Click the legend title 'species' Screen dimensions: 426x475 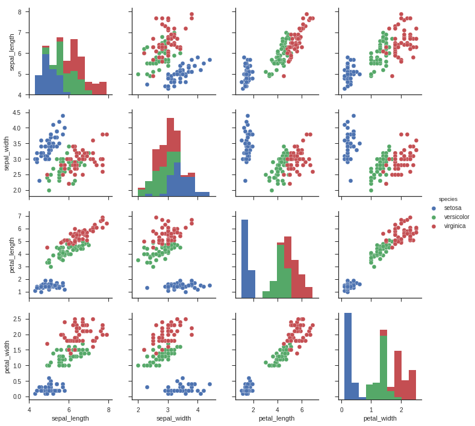(448, 199)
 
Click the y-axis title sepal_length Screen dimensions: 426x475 (12, 52)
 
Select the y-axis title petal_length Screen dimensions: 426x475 (12, 255)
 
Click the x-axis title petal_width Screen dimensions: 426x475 (380, 418)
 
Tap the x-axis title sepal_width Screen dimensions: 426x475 (174, 418)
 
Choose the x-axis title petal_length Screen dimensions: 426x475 (277, 418)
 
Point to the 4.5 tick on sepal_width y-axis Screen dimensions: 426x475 (17, 113)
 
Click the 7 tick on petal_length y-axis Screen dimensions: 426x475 (19, 215)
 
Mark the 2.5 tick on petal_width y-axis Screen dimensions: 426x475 (17, 319)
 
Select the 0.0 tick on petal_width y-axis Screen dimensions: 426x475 (17, 397)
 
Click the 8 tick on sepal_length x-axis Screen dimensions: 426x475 (108, 409)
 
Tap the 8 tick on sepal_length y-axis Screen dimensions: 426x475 (19, 12)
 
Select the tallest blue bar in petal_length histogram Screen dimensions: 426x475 (244, 259)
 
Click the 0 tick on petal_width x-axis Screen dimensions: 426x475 (341, 409)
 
